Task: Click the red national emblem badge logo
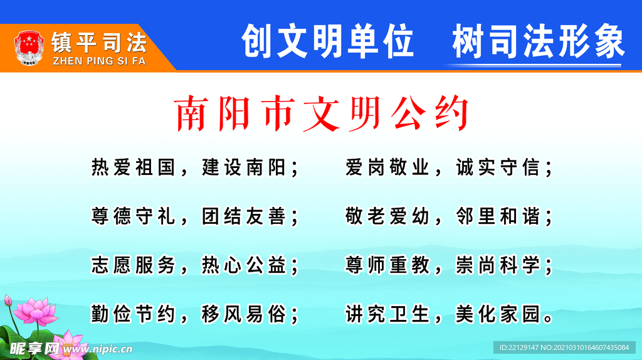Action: [x=27, y=46]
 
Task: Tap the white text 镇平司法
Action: [x=99, y=42]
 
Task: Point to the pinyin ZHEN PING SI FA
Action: [x=99, y=61]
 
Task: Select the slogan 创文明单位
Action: [x=327, y=41]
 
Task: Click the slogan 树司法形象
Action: [x=538, y=41]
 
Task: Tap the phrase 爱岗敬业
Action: [x=387, y=167]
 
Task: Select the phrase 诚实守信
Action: [x=497, y=167]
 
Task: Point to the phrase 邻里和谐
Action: [x=497, y=216]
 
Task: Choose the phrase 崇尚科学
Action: [x=497, y=265]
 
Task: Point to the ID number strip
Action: [x=564, y=347]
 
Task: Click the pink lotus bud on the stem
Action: [x=8, y=300]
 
